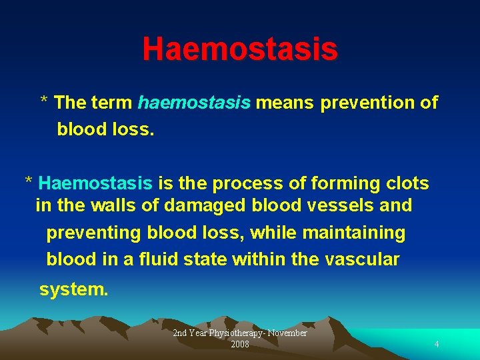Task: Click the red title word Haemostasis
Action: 240,49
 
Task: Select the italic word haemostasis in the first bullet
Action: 194,103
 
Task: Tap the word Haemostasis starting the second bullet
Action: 96,183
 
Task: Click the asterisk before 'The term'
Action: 44,102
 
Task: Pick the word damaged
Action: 205,206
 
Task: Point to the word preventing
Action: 94,233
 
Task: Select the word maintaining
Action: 354,233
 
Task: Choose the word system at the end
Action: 71,290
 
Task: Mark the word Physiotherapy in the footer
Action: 237,333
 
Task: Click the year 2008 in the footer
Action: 240,344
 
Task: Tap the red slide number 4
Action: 437,344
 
